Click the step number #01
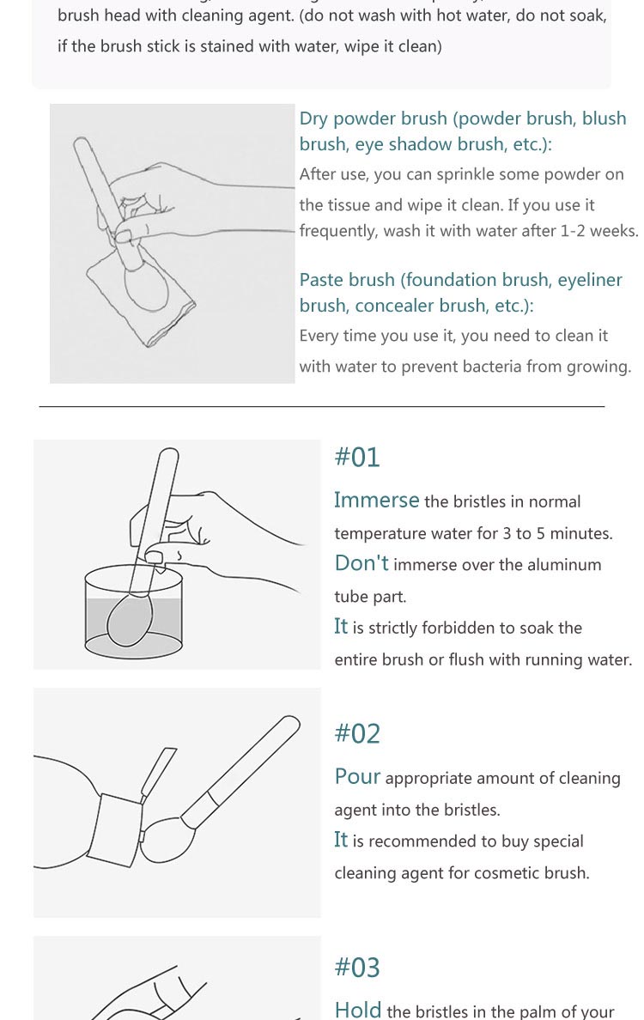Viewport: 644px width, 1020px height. pos(357,458)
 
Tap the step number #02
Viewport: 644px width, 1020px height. pos(357,734)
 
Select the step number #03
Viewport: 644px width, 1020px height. pos(357,968)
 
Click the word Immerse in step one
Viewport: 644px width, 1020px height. pos(377,500)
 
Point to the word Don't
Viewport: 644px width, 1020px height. pos(361,562)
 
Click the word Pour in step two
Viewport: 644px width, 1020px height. pos(358,776)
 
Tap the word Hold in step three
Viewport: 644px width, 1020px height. pos(358,1010)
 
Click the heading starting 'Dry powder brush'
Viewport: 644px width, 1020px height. pos(463,131)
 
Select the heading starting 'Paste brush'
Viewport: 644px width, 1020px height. pos(460,292)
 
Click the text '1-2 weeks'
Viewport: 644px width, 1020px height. pos(598,231)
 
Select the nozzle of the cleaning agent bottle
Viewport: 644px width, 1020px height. pos(157,774)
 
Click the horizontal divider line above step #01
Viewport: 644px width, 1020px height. pos(322,407)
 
